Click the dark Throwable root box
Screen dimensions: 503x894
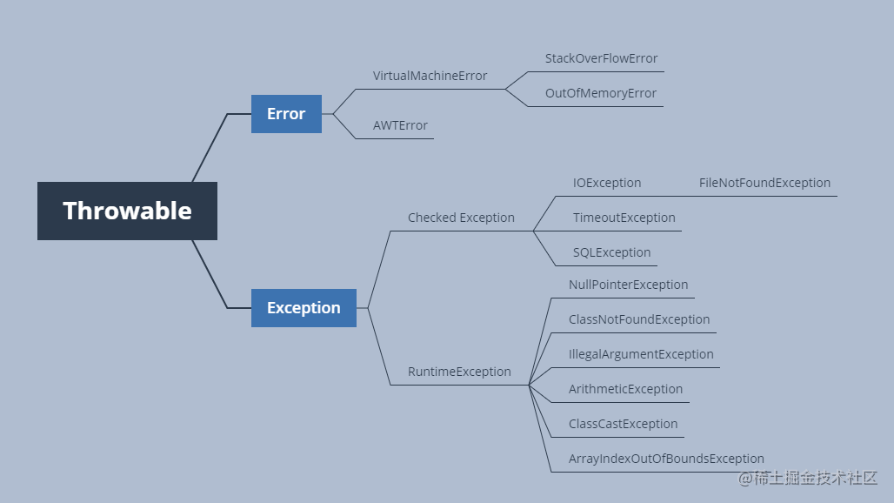pos(127,211)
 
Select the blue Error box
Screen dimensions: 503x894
pos(286,114)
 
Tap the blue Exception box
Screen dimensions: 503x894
pos(304,308)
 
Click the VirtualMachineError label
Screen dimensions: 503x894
pos(430,76)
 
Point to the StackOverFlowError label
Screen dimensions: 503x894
pos(601,58)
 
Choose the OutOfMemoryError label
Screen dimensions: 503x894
pos(600,93)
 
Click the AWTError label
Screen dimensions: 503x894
pos(400,125)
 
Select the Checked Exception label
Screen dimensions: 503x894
pos(461,218)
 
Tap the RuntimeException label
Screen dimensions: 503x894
pos(459,372)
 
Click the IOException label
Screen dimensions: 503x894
pos(606,183)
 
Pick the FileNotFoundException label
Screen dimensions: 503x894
pos(764,183)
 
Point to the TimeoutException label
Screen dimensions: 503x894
pos(624,218)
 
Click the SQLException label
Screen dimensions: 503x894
pos(611,252)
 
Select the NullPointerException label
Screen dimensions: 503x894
pos(628,285)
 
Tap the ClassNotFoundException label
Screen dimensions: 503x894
pos(639,319)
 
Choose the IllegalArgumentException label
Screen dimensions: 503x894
pos(641,354)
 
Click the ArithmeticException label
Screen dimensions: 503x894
pos(625,389)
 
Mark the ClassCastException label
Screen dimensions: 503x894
pos(623,424)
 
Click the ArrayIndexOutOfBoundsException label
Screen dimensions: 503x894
pos(666,459)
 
